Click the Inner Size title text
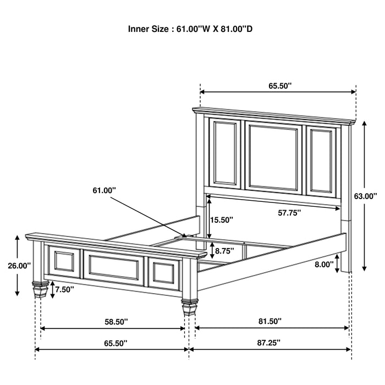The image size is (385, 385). (x=190, y=29)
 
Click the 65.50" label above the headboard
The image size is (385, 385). (x=280, y=86)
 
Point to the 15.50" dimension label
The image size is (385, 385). (x=222, y=220)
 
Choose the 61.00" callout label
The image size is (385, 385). (x=105, y=190)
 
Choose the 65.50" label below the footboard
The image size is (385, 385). (x=113, y=343)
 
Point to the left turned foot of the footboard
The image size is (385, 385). (x=38, y=288)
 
